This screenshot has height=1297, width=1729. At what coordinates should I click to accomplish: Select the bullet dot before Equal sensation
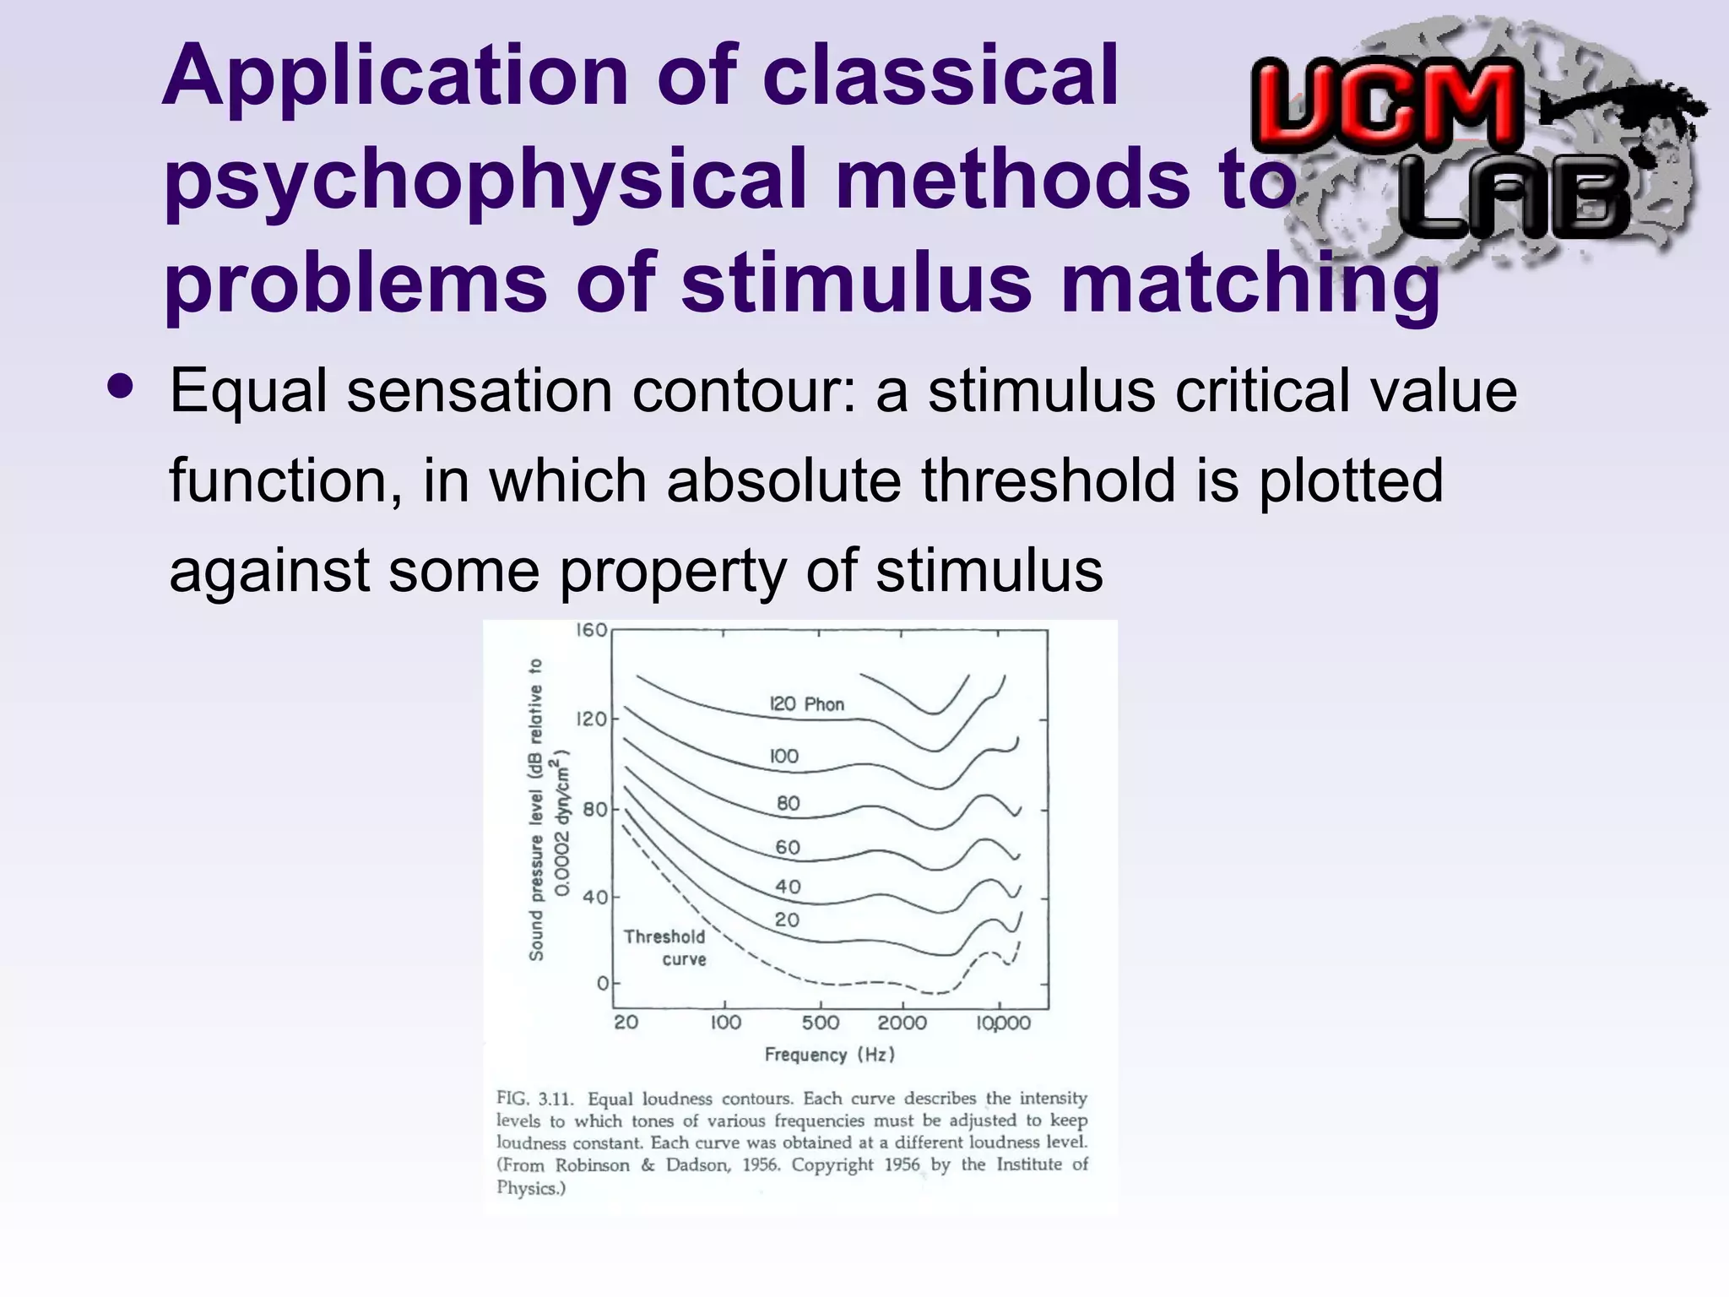[121, 387]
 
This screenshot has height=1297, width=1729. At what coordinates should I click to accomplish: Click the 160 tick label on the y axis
[591, 631]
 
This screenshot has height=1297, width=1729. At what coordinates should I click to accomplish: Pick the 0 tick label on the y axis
[602, 984]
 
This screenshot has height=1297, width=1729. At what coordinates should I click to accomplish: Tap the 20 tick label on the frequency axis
[626, 1023]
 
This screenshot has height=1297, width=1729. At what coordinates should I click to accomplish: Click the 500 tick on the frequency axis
[820, 1023]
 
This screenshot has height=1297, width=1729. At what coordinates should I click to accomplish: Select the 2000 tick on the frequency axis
[902, 1023]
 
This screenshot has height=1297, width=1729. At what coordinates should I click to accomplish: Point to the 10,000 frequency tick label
[1004, 1023]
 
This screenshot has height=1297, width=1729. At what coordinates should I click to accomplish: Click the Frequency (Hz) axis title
[829, 1055]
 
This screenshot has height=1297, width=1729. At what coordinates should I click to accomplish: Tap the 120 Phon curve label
[806, 704]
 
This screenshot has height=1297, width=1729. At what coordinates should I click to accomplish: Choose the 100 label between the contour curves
[783, 757]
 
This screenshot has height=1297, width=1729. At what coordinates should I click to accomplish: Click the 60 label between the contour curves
[788, 848]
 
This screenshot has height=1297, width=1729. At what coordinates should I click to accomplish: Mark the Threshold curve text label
[665, 947]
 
